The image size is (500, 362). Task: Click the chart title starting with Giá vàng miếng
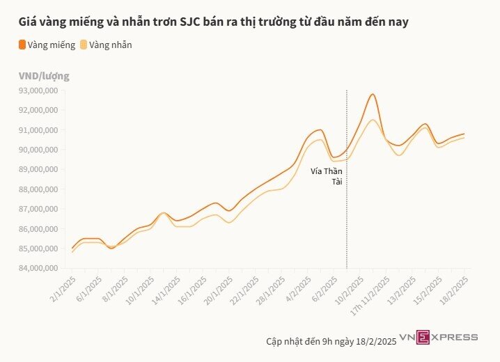(213, 22)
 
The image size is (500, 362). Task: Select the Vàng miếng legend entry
(47, 45)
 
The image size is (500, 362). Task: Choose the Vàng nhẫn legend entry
(106, 45)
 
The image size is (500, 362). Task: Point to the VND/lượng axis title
(43, 76)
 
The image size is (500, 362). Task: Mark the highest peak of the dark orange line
(373, 94)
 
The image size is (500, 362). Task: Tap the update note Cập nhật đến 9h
(331, 341)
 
